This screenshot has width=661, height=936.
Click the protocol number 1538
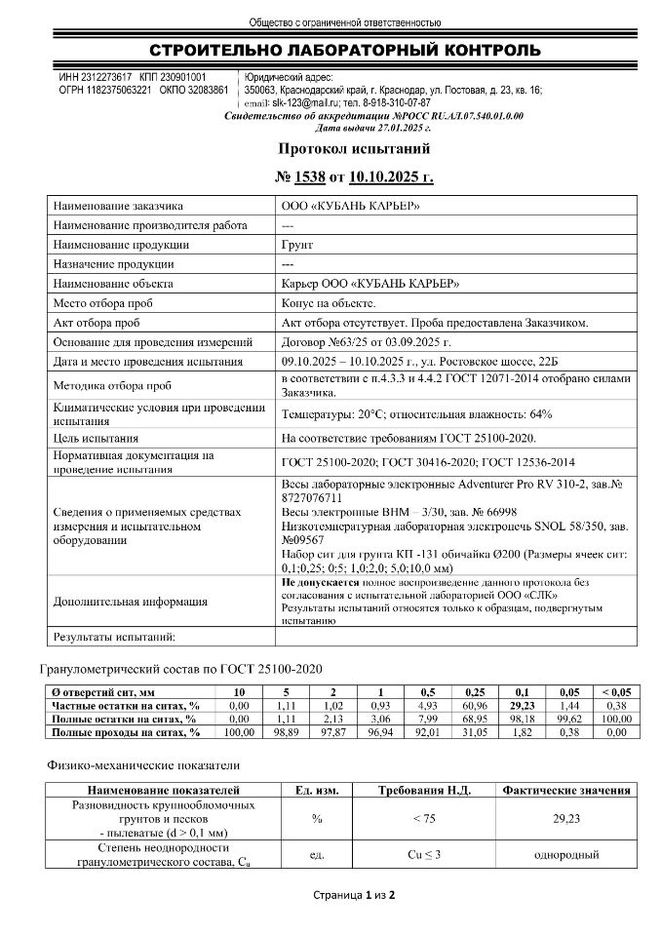point(307,176)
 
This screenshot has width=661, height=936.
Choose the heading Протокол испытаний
point(354,148)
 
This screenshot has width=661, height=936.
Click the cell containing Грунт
point(296,245)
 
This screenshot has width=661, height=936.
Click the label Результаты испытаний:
point(112,637)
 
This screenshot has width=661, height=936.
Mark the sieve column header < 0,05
point(614,692)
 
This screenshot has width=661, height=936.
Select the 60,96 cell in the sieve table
point(477,705)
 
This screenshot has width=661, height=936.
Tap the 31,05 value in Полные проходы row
point(477,731)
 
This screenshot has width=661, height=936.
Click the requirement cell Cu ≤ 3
point(422,854)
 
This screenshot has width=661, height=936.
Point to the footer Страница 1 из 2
point(353,894)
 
